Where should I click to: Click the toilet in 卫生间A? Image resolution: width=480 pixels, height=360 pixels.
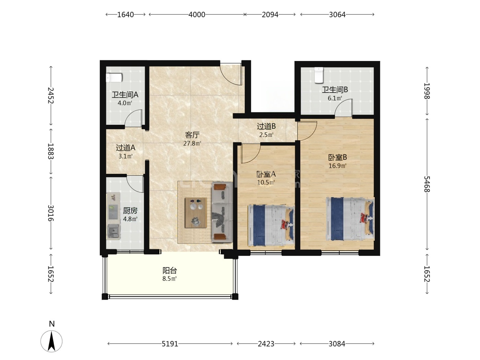tap(114, 77)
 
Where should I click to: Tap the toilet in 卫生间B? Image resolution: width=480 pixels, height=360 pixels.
tap(319, 75)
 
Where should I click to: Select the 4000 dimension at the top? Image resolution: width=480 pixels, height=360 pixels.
tap(197, 15)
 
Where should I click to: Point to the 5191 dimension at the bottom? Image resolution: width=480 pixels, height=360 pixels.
tap(170, 344)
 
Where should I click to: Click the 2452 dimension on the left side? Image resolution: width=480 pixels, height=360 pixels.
tap(51, 96)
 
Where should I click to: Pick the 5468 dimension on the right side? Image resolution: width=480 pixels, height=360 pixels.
tap(427, 184)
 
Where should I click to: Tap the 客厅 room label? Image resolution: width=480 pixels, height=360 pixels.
tap(192, 135)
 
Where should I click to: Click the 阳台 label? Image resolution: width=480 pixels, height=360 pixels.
tap(169, 271)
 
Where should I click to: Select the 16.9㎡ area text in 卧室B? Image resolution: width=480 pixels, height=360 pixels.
tap(337, 166)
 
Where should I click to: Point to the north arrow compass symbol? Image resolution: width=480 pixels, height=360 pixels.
tap(51, 341)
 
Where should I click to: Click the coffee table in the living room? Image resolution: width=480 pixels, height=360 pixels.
tap(196, 213)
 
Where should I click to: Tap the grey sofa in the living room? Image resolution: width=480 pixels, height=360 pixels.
tap(222, 212)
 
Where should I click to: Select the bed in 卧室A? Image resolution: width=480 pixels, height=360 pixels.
tap(271, 225)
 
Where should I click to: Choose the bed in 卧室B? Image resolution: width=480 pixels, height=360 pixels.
tap(350, 219)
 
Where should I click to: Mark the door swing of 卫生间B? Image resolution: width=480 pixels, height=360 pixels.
tap(344, 107)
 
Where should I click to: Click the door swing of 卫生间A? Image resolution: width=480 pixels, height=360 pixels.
tap(133, 118)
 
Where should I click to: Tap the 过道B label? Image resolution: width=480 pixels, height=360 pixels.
tap(266, 126)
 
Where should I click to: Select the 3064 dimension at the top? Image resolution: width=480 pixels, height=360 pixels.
tap(337, 15)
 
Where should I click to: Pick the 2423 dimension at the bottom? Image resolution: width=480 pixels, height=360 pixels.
tap(266, 344)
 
